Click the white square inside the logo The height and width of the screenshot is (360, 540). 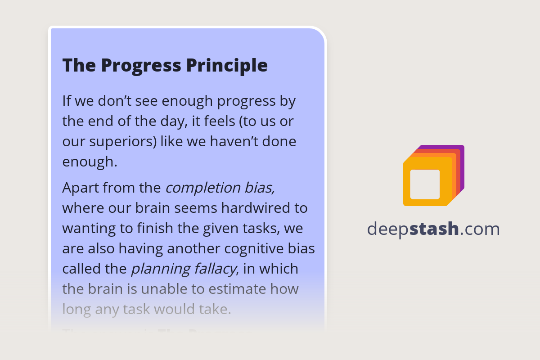tap(425, 184)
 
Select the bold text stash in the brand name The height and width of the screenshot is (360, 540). tap(434, 229)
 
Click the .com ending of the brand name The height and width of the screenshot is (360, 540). tap(480, 229)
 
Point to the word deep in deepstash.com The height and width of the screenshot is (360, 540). tap(388, 229)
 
